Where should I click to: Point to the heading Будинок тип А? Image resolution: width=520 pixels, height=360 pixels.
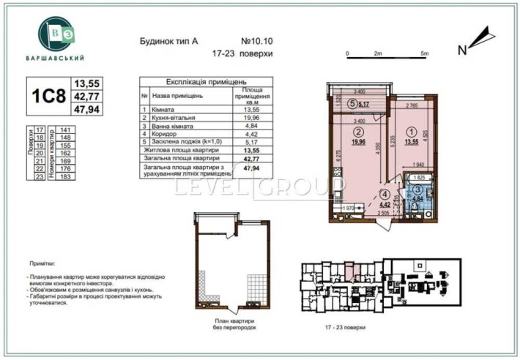coord(168,42)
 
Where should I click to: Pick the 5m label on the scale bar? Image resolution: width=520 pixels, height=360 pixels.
coord(424,53)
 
